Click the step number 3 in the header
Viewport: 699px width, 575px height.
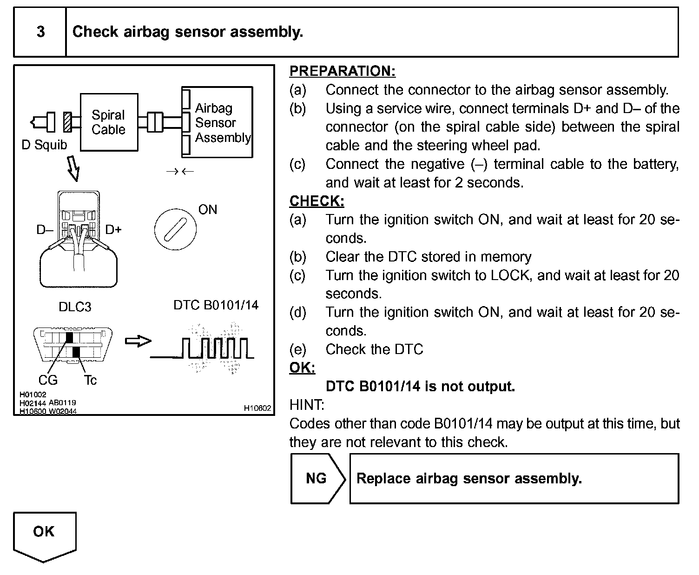click(x=40, y=32)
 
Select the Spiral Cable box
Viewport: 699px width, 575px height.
click(x=109, y=122)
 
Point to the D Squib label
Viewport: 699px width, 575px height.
click(x=44, y=145)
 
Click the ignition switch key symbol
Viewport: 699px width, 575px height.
click(x=175, y=229)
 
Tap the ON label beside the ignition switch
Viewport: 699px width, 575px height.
click(x=207, y=210)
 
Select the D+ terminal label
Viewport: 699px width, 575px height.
click(x=113, y=229)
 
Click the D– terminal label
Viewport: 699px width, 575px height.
click(x=45, y=229)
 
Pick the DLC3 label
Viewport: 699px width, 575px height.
click(x=75, y=307)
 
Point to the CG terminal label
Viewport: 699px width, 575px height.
click(x=48, y=381)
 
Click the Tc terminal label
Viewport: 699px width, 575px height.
click(x=91, y=381)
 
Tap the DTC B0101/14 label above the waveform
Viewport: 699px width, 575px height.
click(x=216, y=305)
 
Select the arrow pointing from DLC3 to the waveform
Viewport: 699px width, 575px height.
click(x=138, y=341)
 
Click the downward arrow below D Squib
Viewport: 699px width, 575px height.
click(x=73, y=169)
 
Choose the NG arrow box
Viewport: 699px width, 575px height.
click(x=317, y=478)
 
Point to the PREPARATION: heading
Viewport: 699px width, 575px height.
click(x=342, y=71)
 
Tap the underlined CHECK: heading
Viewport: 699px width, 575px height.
click(x=317, y=201)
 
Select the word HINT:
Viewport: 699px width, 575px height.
click(x=307, y=405)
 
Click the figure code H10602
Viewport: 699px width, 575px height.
click(x=257, y=408)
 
